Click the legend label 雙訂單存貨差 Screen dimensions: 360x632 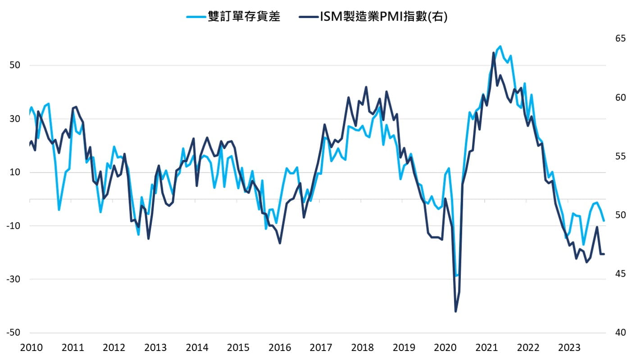coord(244,17)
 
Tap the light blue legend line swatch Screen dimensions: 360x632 coord(196,17)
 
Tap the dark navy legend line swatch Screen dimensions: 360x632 coord(308,17)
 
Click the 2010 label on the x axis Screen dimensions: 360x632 coord(32,348)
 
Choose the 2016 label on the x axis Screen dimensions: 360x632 coord(280,348)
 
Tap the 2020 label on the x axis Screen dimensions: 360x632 coord(445,348)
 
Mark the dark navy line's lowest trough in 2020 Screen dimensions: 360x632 coord(455,311)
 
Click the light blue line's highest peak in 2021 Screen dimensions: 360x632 coord(500,46)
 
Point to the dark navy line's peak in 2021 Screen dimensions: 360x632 coord(494,53)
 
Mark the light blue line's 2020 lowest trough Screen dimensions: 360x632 coord(456,276)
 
